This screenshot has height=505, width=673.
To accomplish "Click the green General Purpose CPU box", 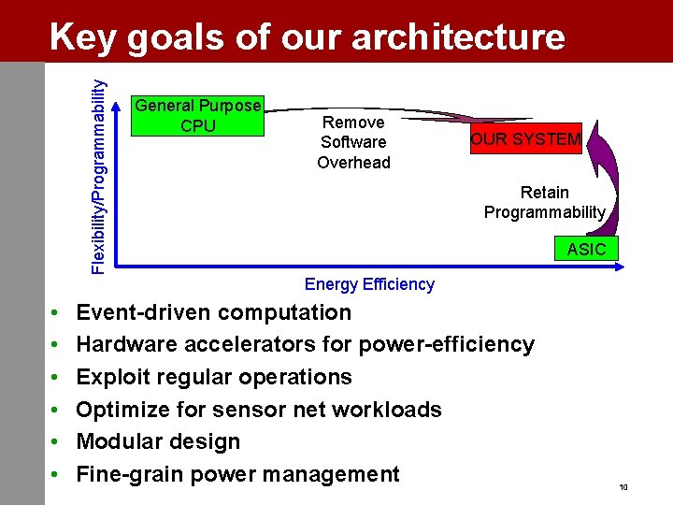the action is [x=197, y=116].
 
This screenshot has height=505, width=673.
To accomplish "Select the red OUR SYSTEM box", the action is [x=525, y=140].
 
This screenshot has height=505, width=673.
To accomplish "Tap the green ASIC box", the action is [x=586, y=249].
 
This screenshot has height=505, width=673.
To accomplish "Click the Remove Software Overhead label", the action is [x=353, y=142].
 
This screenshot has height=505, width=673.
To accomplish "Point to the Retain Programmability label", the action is [x=544, y=202].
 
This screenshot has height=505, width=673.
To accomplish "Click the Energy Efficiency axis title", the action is [x=369, y=284].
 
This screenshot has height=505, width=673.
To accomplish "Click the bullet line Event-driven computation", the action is [x=213, y=312].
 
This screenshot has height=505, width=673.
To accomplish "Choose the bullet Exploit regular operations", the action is [x=213, y=377].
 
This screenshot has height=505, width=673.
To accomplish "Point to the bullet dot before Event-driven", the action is [x=56, y=313].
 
